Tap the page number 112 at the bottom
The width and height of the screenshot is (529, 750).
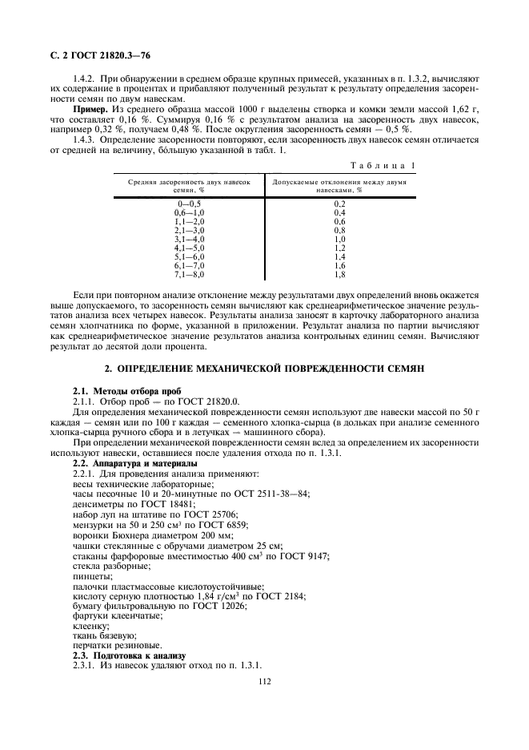[264, 682]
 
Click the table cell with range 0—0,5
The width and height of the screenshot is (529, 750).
[190, 204]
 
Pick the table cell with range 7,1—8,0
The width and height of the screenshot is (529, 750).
[190, 275]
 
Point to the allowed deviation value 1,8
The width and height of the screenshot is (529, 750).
[339, 275]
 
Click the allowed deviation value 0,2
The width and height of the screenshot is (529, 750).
[339, 204]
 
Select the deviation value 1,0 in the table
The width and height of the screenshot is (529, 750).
[339, 240]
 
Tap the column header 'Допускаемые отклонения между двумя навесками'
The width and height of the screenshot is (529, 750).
[339, 187]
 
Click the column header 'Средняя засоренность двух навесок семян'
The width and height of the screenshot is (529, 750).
[190, 187]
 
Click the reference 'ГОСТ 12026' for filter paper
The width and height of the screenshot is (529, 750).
[219, 606]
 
